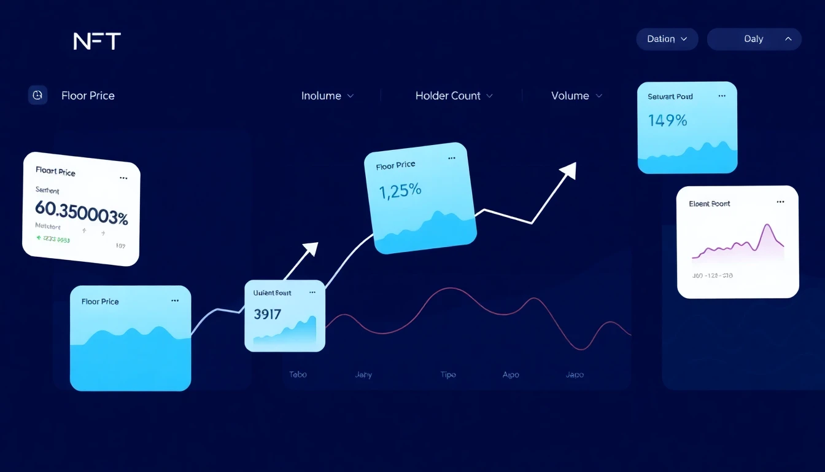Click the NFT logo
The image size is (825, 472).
pos(97,41)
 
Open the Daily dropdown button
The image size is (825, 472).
pos(754,39)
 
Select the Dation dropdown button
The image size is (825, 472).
pos(667,39)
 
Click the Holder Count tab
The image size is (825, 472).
pos(448,96)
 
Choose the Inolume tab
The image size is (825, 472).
pos(321,96)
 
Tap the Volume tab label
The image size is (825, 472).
pos(570,96)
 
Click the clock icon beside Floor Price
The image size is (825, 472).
pos(37,95)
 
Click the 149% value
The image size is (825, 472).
pos(667,120)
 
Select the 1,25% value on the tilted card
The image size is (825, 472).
pos(401,191)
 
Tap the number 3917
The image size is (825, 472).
pos(267,315)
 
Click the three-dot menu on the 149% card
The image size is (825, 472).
pos(722,96)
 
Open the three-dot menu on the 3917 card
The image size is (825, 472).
pos(312,293)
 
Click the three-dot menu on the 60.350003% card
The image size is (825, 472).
pos(123,178)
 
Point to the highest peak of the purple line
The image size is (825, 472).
pos(766,226)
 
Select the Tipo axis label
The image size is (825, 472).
pos(448,374)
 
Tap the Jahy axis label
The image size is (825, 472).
pos(363,374)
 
